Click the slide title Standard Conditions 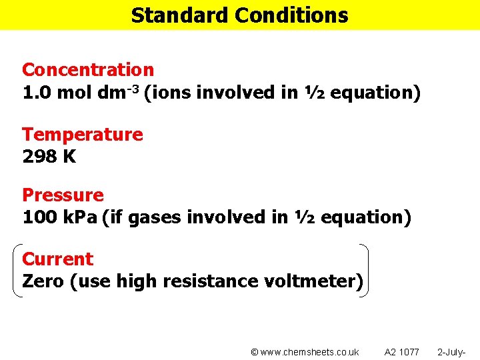239,15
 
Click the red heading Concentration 88,69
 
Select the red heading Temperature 82,134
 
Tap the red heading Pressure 63,195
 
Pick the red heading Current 57,259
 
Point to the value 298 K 49,157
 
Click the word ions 170,93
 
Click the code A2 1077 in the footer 402,352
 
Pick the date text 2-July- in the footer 451,352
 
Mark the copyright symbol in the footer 254,352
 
